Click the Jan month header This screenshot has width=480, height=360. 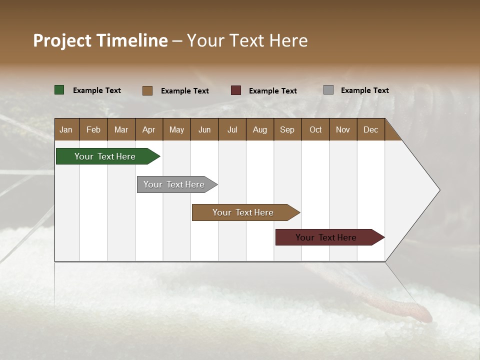point(66,129)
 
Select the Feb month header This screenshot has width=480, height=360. point(93,129)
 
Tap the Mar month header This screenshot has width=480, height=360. point(121,129)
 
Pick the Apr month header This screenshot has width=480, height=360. point(149,129)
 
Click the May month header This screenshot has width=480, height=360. point(176,129)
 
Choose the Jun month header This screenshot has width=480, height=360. point(204,129)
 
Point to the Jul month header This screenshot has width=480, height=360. point(232,129)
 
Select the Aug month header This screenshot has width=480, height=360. point(260,129)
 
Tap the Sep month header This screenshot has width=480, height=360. point(287,129)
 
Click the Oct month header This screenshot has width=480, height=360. point(315,129)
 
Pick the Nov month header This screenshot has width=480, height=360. point(343,129)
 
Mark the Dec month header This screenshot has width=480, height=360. point(371,129)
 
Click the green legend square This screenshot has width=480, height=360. point(59,90)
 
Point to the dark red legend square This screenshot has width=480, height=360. point(236,90)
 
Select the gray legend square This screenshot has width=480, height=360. point(328,90)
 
